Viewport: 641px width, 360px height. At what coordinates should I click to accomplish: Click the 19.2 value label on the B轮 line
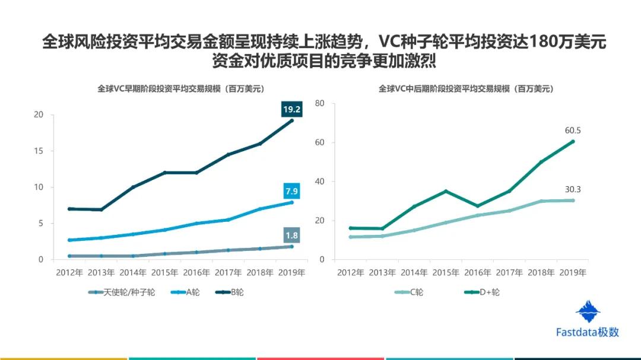coord(291,109)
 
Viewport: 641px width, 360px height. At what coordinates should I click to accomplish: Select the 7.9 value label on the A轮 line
coord(291,192)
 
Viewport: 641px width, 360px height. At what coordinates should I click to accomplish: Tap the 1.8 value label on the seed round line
coord(291,235)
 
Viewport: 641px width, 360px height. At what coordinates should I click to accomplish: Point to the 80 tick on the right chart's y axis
coord(319,103)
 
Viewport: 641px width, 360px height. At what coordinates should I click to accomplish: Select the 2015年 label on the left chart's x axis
coord(164,273)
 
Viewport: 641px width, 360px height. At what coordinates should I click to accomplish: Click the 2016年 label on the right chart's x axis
coord(478,273)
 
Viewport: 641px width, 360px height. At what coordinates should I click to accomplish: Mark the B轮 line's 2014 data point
coord(133,187)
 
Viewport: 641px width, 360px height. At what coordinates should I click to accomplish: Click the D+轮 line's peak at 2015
coord(446,191)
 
